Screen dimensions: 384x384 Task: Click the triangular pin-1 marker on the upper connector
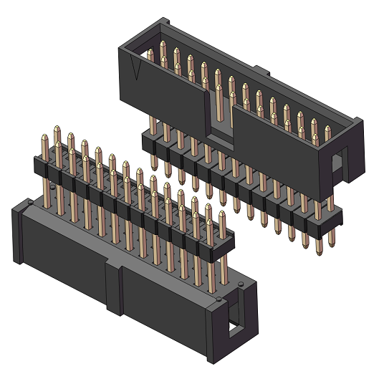[x=137, y=69]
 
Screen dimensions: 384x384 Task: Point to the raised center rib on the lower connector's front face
[x=115, y=287]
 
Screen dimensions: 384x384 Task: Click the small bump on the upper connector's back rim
[x=261, y=72]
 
